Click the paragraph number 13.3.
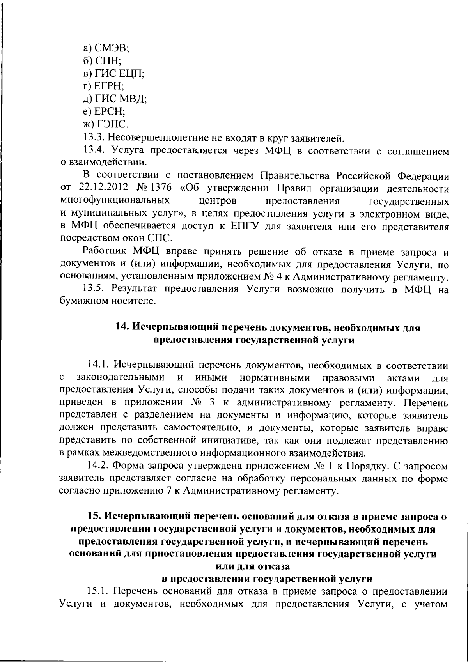click(94, 138)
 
